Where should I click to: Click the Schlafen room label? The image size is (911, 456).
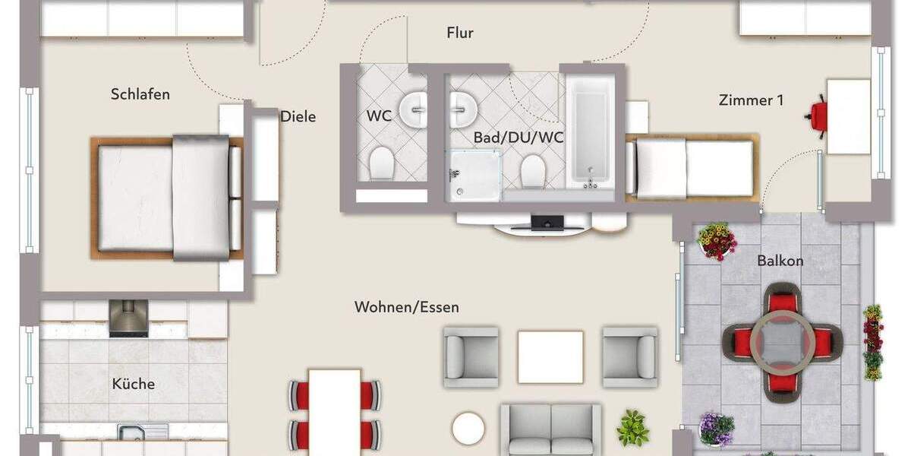pyautogui.click(x=140, y=94)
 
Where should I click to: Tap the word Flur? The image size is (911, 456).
pyautogui.click(x=460, y=33)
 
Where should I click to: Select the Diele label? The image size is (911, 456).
pyautogui.click(x=298, y=117)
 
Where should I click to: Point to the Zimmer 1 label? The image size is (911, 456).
pyautogui.click(x=751, y=100)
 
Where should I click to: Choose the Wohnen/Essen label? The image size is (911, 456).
pyautogui.click(x=406, y=307)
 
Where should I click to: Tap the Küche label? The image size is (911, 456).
pyautogui.click(x=134, y=384)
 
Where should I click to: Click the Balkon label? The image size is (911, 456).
pyautogui.click(x=780, y=261)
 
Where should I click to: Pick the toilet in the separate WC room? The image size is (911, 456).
pyautogui.click(x=381, y=163)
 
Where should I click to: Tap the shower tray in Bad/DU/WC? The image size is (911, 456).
pyautogui.click(x=476, y=175)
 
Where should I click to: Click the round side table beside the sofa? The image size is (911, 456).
pyautogui.click(x=468, y=428)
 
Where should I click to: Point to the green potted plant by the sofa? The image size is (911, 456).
pyautogui.click(x=632, y=428)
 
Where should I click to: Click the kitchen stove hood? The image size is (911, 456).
pyautogui.click(x=128, y=318)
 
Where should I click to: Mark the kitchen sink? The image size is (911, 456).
pyautogui.click(x=137, y=432)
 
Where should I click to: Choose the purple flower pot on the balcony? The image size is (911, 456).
pyautogui.click(x=716, y=427)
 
